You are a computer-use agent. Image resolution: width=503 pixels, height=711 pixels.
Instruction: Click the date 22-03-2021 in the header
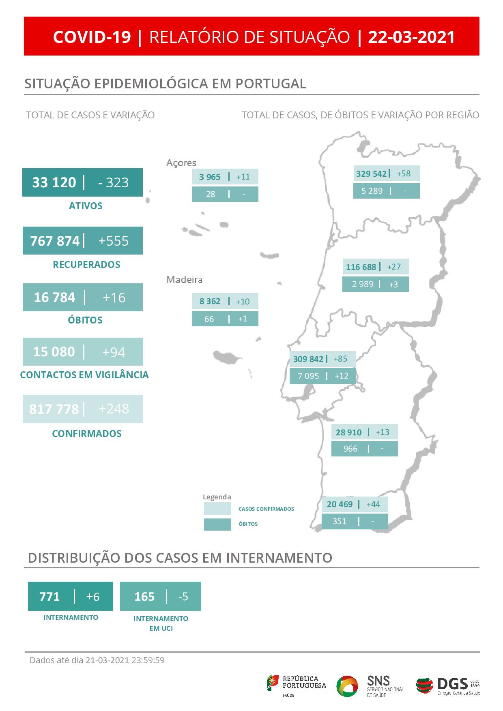tap(411, 37)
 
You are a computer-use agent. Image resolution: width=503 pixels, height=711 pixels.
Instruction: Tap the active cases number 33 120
tap(54, 182)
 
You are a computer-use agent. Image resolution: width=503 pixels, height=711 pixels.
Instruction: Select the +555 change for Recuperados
tap(113, 241)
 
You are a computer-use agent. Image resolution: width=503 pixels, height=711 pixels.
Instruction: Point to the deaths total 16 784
tap(54, 297)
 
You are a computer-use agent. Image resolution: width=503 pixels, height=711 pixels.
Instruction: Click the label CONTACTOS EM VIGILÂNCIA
tap(84, 375)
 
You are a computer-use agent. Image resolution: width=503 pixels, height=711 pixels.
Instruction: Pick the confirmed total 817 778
tap(54, 409)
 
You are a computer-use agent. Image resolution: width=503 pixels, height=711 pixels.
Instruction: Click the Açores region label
tap(181, 163)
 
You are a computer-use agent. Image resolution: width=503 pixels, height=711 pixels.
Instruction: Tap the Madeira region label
tap(184, 280)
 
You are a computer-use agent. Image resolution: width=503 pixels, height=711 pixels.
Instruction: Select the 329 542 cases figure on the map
tap(371, 173)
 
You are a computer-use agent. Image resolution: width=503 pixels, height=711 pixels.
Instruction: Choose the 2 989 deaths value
tap(363, 284)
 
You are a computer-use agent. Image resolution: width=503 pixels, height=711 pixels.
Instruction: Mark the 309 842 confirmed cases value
tap(308, 359)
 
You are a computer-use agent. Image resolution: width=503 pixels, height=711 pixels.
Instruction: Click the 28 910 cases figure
tap(348, 432)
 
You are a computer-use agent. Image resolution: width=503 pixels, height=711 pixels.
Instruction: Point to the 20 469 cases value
tap(340, 504)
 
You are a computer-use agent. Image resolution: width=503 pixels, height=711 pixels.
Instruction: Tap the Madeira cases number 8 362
tap(210, 301)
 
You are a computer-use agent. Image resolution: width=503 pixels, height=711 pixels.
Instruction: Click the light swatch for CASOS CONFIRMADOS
tap(217, 509)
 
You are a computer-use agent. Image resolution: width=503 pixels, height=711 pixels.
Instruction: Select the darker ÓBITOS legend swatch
tap(217, 524)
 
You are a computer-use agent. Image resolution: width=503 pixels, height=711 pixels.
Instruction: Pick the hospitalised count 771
tap(49, 596)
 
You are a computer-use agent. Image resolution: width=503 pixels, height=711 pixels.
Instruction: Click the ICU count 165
tap(144, 596)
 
